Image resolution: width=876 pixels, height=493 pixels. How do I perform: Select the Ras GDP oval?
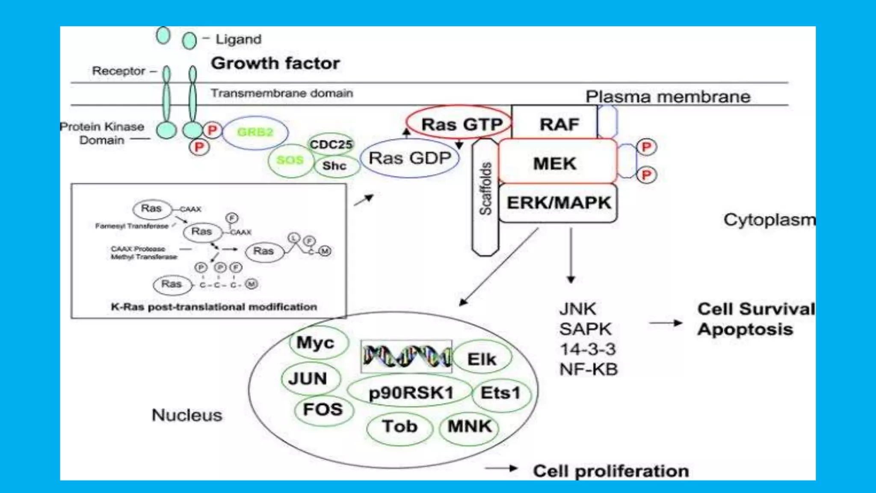point(410,158)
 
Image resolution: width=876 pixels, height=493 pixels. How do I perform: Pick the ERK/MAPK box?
point(559,203)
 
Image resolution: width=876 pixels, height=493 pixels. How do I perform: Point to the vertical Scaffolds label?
point(485,188)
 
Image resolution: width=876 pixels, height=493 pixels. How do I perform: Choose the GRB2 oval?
point(255,132)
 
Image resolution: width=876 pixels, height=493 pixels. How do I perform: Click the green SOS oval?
point(290,160)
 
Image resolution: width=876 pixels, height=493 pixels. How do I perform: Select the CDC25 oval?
point(331,144)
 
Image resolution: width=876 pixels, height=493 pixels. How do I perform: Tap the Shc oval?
point(335,166)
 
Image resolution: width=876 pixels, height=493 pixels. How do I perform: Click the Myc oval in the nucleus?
point(316,343)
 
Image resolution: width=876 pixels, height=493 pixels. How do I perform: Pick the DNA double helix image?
point(406,357)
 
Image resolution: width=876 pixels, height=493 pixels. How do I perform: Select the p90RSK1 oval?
point(411,392)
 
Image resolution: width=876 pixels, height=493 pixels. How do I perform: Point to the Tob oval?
point(400,427)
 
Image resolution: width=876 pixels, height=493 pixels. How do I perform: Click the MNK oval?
point(469,427)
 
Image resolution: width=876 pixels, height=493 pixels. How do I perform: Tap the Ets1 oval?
point(500,393)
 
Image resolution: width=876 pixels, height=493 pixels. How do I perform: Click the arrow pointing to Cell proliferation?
point(501,469)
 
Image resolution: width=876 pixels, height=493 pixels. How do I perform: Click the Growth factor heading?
point(275,63)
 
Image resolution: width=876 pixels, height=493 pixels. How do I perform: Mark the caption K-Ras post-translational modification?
point(214,307)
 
